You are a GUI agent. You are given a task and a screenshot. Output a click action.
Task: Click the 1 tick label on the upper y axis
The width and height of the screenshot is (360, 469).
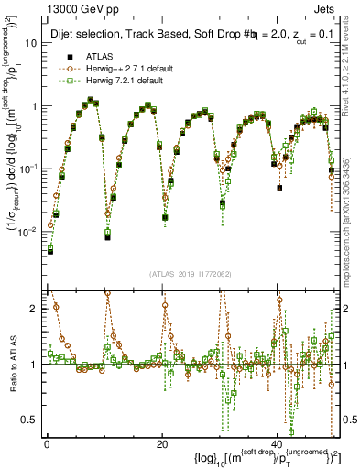coord(35,106)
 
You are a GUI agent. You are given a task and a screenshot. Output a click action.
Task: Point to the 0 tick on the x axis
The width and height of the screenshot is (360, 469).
coord(47,442)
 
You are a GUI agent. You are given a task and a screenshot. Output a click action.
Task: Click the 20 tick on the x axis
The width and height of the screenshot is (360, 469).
coord(162,442)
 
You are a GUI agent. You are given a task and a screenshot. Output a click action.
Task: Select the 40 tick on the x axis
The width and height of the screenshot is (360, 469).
coord(278,442)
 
